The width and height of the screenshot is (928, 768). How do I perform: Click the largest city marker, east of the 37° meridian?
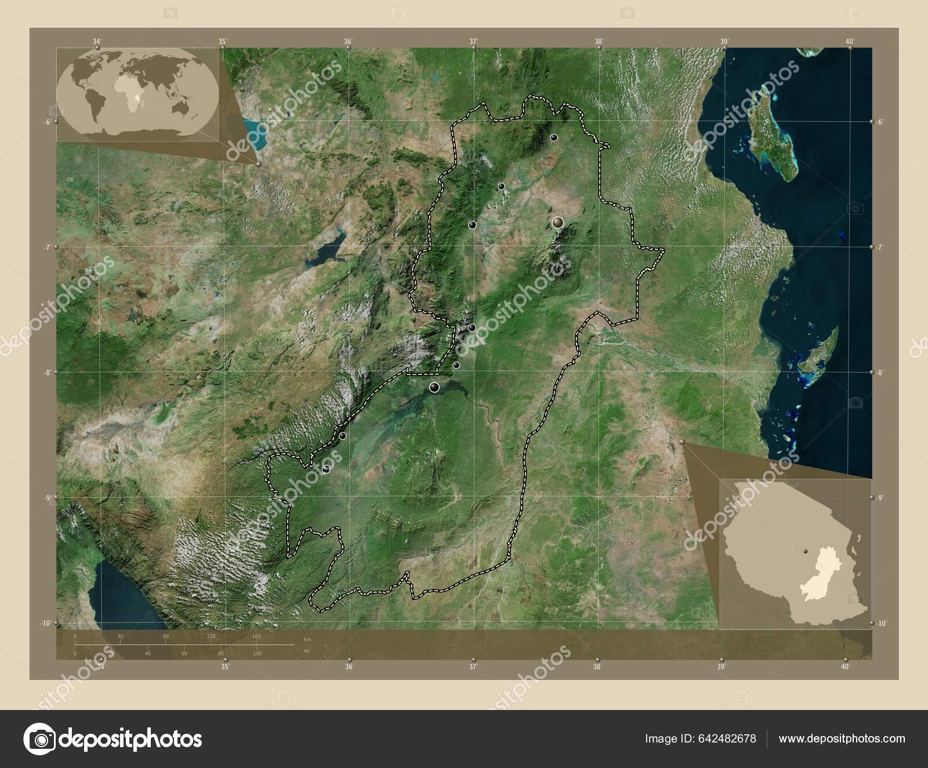558,222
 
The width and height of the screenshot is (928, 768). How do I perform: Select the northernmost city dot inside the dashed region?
554,137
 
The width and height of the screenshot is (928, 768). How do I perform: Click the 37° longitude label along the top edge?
474,41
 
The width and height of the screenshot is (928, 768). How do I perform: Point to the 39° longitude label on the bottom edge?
722,667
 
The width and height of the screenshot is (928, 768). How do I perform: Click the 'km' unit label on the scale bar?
307,639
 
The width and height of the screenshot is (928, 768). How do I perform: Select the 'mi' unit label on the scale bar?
307,650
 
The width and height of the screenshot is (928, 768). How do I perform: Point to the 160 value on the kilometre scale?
256,636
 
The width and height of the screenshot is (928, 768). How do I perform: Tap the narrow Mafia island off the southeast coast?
824,352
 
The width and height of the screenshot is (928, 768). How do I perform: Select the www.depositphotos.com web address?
842,738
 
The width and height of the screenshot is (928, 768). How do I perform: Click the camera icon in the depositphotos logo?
39,739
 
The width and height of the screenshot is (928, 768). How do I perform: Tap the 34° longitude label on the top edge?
97,41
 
